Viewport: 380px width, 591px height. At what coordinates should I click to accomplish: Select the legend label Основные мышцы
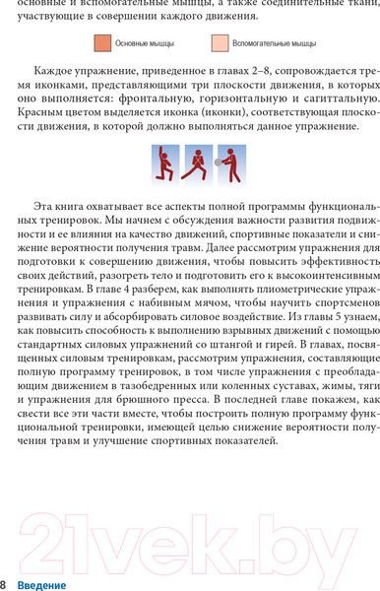coord(145,44)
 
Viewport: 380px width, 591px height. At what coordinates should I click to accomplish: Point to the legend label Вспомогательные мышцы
coord(275,44)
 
